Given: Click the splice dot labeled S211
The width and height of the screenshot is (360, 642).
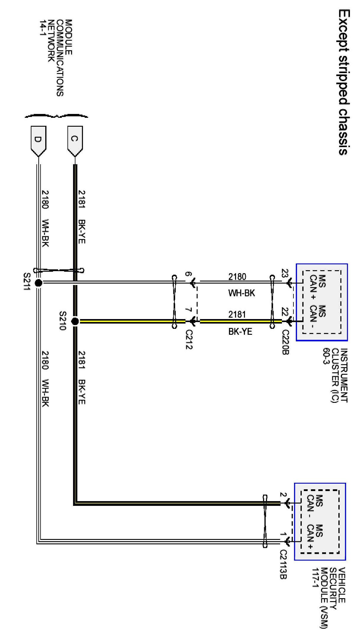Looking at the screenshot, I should pos(38,283).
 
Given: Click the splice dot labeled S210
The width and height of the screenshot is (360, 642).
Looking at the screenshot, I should pos(75,321).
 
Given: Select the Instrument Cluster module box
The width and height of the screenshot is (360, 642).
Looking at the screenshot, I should pos(322,302).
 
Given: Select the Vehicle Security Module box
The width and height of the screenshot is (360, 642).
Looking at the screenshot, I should pos(320,522).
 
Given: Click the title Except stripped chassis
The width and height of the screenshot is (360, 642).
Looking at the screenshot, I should pos(344,82).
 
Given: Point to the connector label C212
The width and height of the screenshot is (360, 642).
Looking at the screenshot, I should pos(189,339).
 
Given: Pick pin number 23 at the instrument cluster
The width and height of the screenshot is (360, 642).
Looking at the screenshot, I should pos(285,273).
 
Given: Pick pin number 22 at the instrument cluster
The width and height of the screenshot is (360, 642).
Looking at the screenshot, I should pos(285,311).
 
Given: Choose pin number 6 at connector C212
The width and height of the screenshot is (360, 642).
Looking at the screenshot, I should pos(188,274).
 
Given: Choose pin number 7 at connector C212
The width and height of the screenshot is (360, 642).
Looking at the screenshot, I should pos(188,310).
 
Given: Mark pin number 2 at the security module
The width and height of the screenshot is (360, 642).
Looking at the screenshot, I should pos(283,495).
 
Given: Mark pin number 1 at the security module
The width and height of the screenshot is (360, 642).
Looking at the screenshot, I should pos(283,534).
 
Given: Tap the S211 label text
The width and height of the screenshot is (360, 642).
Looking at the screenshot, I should pos(27,281).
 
